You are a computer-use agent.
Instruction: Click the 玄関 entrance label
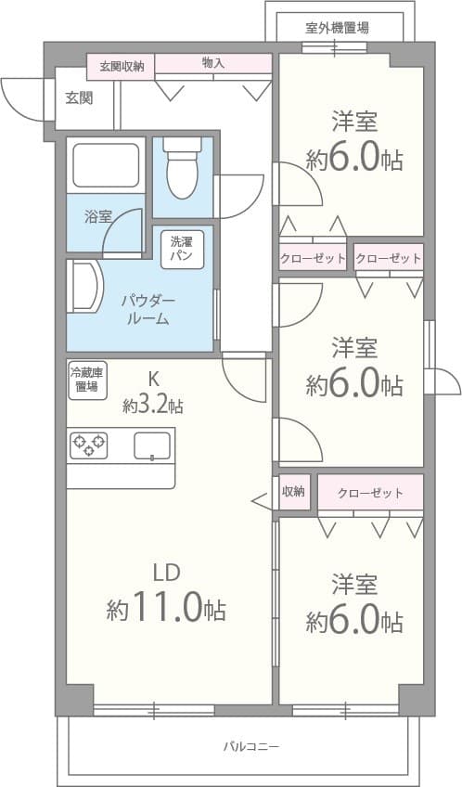pos(78,97)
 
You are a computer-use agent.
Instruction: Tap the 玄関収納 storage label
pos(122,66)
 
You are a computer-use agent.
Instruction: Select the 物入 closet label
pos(212,63)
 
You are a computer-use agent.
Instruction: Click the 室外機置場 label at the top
pos(338,28)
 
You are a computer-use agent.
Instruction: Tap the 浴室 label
pos(97,217)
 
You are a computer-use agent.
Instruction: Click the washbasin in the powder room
pos(84,289)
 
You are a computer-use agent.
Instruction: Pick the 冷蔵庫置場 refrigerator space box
pos(87,381)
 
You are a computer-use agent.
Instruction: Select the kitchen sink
pos(152,446)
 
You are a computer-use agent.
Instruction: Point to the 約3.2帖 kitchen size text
pos(152,406)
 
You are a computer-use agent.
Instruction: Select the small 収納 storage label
pos(294,492)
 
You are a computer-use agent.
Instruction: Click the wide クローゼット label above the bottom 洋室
pos(370,493)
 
